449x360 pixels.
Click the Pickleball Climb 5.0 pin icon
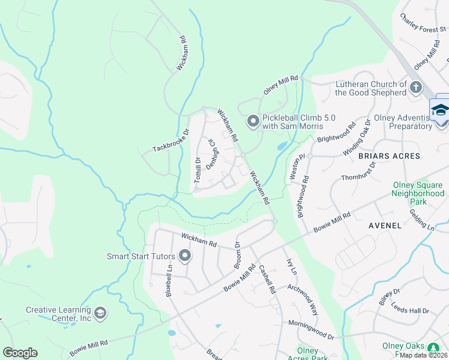[253, 122]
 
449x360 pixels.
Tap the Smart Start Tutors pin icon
[185, 257]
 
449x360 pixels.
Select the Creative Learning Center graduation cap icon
[100, 313]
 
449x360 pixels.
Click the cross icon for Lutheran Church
[415, 88]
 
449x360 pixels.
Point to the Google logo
[20, 353]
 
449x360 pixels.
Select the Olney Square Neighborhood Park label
[418, 194]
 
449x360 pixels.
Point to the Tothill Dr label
[196, 170]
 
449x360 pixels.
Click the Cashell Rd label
[267, 278]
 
